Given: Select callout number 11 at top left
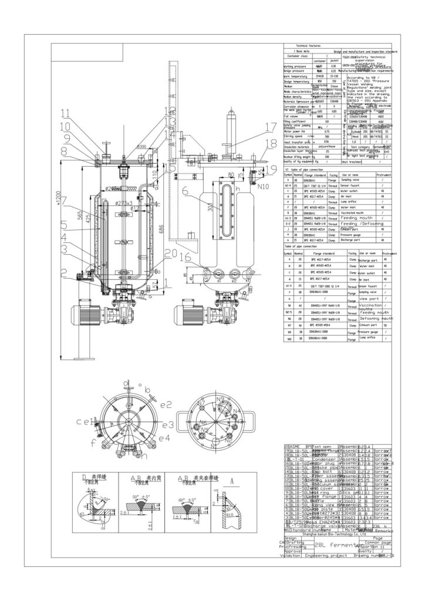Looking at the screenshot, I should click(65, 112).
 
